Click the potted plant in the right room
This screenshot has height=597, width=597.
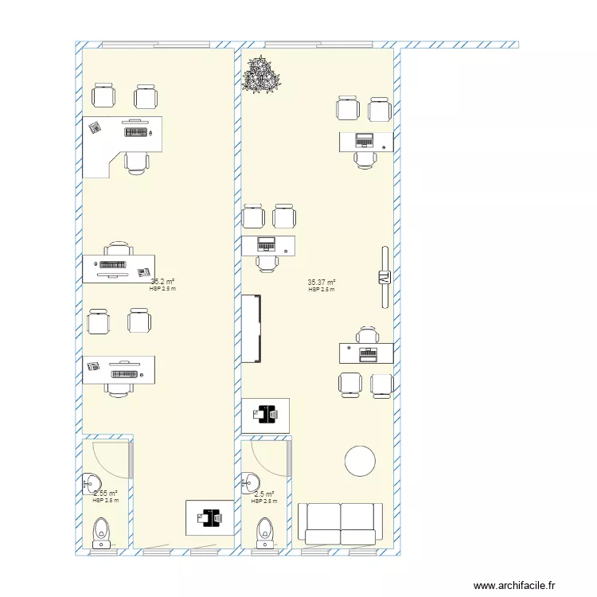click(x=262, y=75)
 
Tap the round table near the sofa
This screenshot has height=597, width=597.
click(x=359, y=461)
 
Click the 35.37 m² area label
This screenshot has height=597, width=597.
click(x=321, y=283)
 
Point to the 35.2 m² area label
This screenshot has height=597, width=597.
click(x=162, y=282)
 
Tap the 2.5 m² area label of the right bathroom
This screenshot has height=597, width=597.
click(x=263, y=494)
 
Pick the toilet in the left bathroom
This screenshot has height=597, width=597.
click(x=102, y=533)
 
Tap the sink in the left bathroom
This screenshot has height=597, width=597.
click(x=91, y=482)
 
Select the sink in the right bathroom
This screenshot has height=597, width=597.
click(x=251, y=482)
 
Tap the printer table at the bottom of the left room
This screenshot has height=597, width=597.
click(x=209, y=517)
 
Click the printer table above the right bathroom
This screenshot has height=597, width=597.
click(x=265, y=415)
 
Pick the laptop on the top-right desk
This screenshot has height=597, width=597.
click(x=364, y=140)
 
